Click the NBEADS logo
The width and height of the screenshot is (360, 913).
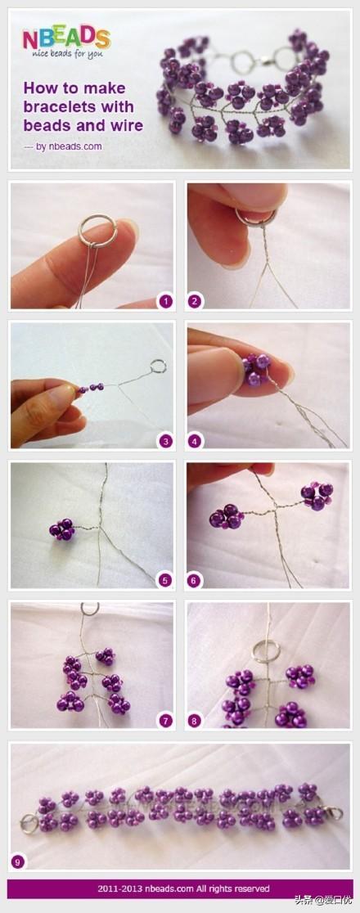(x=65, y=38)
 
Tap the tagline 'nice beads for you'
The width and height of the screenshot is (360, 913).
(x=65, y=54)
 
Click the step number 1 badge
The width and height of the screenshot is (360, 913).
(x=165, y=301)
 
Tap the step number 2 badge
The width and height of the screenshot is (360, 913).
(x=195, y=301)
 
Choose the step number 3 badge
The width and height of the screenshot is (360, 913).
(x=165, y=441)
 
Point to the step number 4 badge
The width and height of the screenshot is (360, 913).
(x=195, y=441)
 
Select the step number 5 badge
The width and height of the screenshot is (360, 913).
(x=165, y=580)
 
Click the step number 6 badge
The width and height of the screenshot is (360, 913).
(x=195, y=580)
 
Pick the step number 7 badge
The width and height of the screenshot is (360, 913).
(x=165, y=721)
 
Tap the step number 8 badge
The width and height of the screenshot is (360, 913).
(x=195, y=721)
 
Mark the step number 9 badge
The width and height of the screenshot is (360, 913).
(x=17, y=861)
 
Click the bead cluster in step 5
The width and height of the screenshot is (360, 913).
(x=62, y=528)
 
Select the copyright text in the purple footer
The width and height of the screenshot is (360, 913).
(x=183, y=888)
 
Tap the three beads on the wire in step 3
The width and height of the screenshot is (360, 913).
(x=92, y=388)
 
